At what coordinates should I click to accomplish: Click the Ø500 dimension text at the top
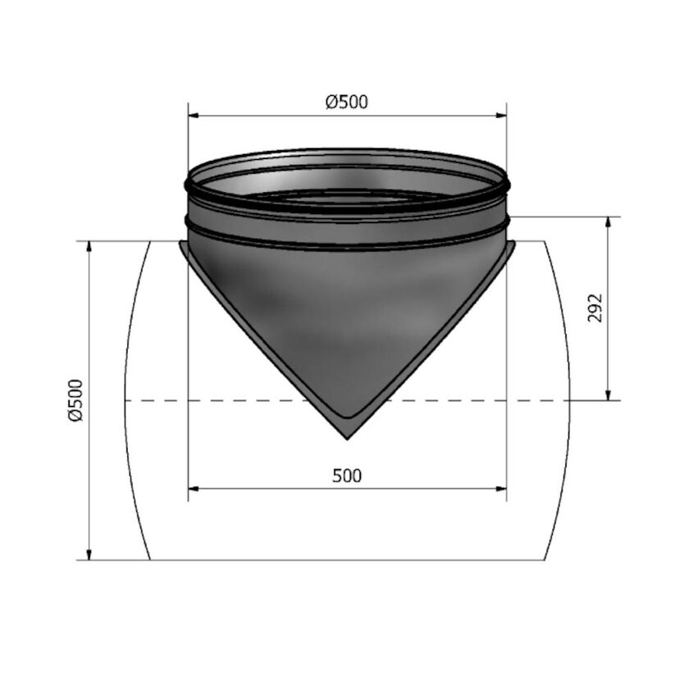coord(346,103)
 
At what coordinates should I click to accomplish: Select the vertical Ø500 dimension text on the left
coord(76,400)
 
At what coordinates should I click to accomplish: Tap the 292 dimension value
coord(596,308)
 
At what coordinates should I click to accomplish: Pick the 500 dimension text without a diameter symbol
coord(347,475)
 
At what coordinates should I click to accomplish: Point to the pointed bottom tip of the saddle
coord(347,437)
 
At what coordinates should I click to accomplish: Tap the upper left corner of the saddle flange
coord(180,243)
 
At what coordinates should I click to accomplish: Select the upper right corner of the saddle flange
coord(513,243)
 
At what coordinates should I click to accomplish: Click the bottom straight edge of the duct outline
coord(347,560)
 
